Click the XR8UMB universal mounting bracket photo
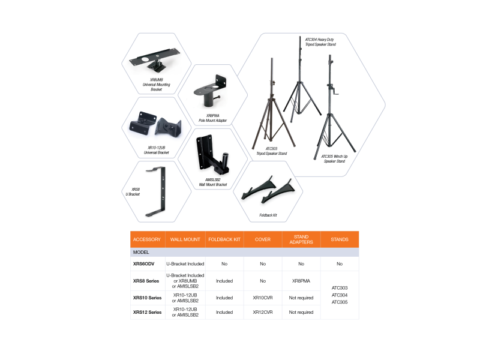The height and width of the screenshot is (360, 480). [x=155, y=61]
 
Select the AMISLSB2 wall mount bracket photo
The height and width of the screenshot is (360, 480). [x=212, y=154]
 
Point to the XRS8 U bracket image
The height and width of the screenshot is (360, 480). [x=157, y=191]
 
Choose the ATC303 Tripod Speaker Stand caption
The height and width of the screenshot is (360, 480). [x=272, y=151]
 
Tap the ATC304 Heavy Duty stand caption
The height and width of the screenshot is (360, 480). [x=320, y=42]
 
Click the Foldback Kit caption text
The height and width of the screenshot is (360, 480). [x=268, y=215]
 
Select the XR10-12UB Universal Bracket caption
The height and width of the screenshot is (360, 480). [x=156, y=150]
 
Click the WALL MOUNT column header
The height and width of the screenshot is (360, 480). [x=185, y=239]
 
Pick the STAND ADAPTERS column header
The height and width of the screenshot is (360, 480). [x=301, y=239]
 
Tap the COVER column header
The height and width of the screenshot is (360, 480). [x=263, y=239]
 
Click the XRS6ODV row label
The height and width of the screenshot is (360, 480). [x=143, y=264]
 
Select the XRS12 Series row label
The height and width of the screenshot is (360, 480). [x=147, y=312]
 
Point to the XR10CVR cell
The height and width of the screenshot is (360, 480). [x=263, y=298]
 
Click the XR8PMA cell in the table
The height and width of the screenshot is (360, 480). [x=301, y=281]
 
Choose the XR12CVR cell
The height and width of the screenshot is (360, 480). [x=263, y=312]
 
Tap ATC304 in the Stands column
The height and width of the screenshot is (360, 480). [x=340, y=295]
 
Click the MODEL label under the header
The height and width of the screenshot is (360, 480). [x=141, y=252]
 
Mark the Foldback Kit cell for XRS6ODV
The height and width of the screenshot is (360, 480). [x=224, y=264]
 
